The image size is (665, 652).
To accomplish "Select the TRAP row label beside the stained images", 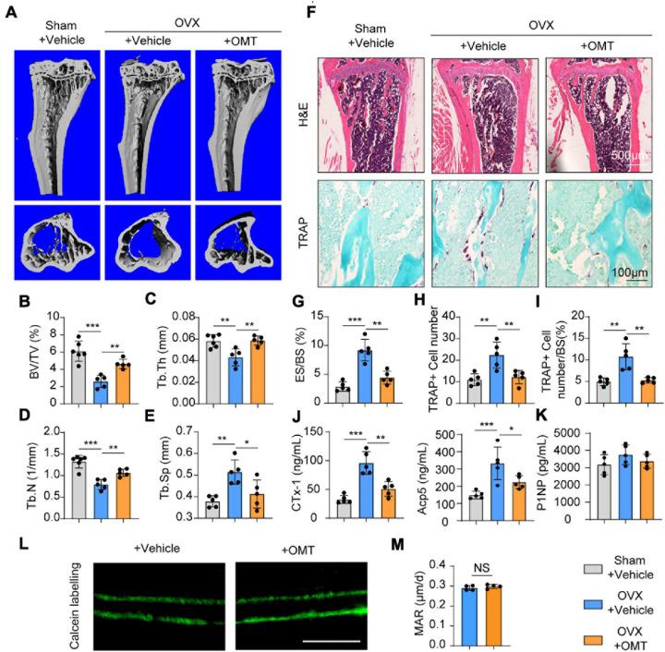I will coord(303,226).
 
